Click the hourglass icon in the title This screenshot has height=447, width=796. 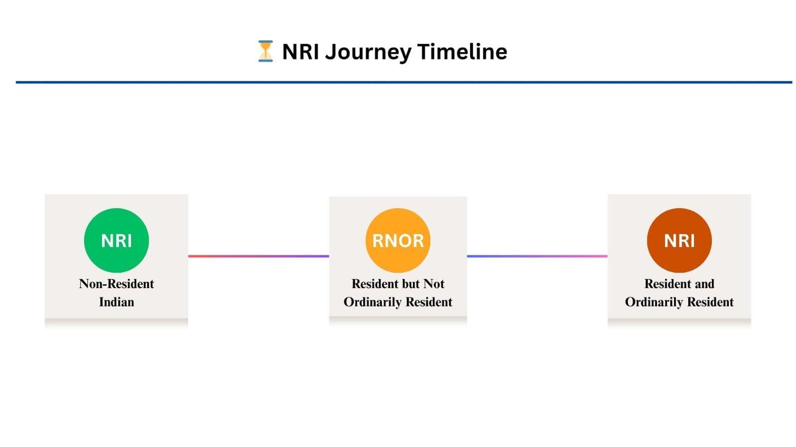[x=266, y=51]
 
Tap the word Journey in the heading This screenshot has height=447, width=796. [x=368, y=52]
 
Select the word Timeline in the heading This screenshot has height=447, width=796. [x=462, y=52]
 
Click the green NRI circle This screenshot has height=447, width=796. [x=116, y=240]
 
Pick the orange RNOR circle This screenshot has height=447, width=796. [x=398, y=240]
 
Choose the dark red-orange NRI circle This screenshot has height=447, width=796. [x=680, y=240]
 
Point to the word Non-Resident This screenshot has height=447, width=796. [x=116, y=284]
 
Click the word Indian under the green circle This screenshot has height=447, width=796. [x=116, y=302]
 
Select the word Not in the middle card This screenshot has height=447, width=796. [x=433, y=284]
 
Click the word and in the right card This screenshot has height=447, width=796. [x=704, y=284]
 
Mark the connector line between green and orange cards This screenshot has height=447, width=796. [x=259, y=256]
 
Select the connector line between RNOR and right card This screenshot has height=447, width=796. [x=537, y=256]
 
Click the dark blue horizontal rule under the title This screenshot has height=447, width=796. [x=404, y=82]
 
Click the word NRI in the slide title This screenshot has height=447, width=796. [x=300, y=52]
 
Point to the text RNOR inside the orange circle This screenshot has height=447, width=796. [x=398, y=241]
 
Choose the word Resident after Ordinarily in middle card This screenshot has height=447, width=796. [x=429, y=302]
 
